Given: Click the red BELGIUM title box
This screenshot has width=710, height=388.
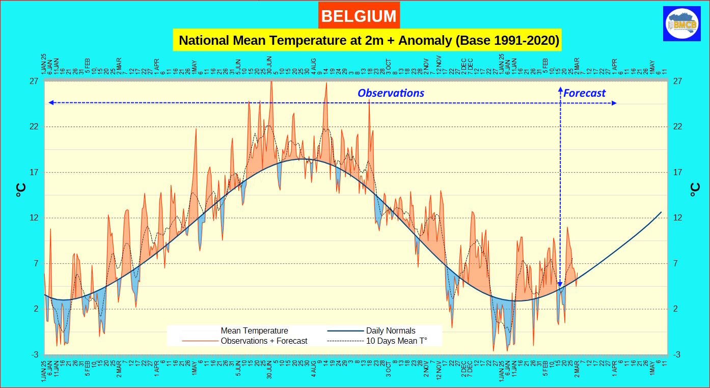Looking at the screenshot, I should coord(359,16).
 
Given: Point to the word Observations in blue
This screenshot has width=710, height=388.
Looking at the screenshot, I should coord(391,93).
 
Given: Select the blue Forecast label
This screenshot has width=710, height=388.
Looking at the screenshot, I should coord(584,93).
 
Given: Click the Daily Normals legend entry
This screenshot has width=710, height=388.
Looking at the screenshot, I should coord(390,330).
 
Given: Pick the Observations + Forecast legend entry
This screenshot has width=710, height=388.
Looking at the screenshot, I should coord(263,341).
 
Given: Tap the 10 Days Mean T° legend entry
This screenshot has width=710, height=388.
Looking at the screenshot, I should coord(396,341).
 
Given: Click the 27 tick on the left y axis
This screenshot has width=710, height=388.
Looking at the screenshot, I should coord(35,81).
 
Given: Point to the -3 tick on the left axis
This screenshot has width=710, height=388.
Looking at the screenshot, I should coord(35,354).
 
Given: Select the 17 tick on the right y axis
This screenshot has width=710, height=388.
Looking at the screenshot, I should coord(677,172).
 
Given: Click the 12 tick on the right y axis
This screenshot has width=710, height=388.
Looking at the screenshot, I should coord(677,218).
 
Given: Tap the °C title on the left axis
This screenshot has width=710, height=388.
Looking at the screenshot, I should coord(20,190).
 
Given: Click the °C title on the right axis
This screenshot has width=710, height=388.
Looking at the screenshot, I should coord(695,190).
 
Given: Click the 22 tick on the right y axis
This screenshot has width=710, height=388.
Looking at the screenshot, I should coord(677,127).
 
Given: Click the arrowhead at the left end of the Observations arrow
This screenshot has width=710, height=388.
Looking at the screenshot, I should coord(51,103).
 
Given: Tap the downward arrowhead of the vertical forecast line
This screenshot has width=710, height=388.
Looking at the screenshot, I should coord(560,285).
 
